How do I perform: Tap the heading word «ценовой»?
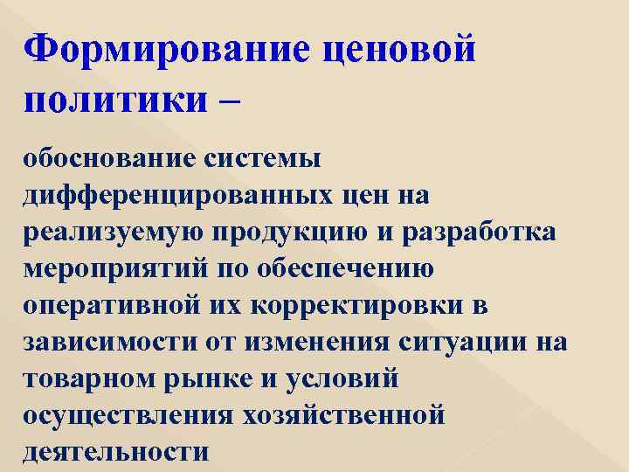pyautogui.click(x=399, y=50)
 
